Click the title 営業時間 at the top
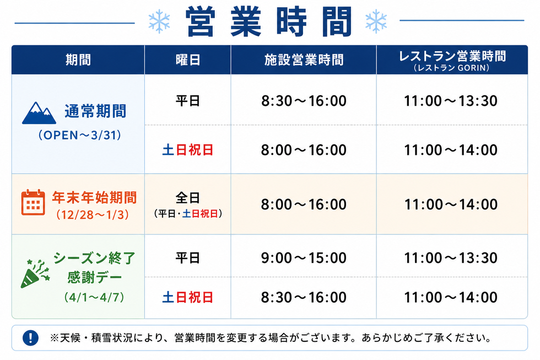click(x=269, y=22)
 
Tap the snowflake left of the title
click(x=159, y=22)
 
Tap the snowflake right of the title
click(x=376, y=22)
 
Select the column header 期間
click(x=78, y=60)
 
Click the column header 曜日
click(x=188, y=60)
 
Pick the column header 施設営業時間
click(x=304, y=60)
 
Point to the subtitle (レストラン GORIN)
click(x=451, y=68)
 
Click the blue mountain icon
click(x=39, y=113)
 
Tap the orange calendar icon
click(x=33, y=202)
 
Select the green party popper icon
click(x=35, y=274)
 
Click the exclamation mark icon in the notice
click(x=30, y=337)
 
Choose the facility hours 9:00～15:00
click(x=304, y=258)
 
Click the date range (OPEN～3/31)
click(x=79, y=135)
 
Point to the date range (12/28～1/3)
click(x=93, y=215)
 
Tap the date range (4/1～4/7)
click(x=94, y=297)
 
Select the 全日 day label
click(x=188, y=198)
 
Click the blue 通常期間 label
click(x=95, y=111)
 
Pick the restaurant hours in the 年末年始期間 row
click(x=451, y=205)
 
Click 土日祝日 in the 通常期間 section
click(x=188, y=150)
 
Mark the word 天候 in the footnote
click(x=71, y=338)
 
